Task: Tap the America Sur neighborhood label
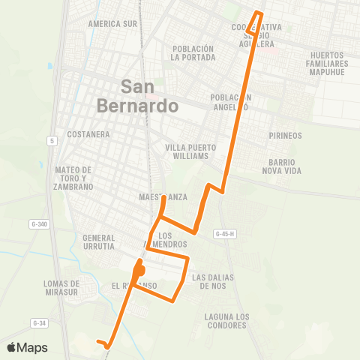coord(112,23)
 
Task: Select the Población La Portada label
coord(193,52)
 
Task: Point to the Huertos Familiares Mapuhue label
coord(330,64)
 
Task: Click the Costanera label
coord(88,134)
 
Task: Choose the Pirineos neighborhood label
coord(285,136)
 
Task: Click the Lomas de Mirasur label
coord(62,288)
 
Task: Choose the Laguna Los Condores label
coord(226,321)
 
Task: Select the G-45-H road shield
coord(224,233)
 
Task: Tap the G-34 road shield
coord(39,322)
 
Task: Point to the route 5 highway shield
coord(51,140)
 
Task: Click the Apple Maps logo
coord(27,347)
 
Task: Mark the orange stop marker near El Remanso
coord(139,268)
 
